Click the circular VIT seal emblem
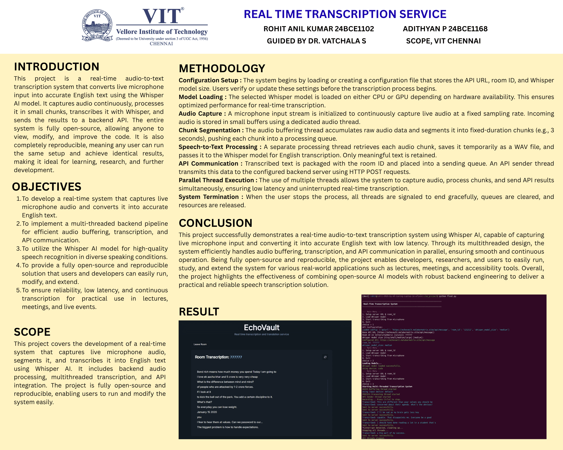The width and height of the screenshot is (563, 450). coord(97,25)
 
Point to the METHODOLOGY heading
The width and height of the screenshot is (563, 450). coord(222,69)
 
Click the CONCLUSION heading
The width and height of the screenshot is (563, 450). coord(216,223)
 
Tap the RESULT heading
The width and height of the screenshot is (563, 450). coord(199,312)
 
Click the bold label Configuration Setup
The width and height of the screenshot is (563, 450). coord(208,80)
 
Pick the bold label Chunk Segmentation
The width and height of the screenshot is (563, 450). coord(209,130)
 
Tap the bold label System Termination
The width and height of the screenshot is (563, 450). coord(208,197)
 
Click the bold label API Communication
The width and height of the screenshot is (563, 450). coord(208,164)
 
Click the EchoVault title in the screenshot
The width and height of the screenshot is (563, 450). coord(261,328)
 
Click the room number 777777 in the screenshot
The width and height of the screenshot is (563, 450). coord(236,357)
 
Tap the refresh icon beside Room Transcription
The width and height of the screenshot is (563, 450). coord(325,357)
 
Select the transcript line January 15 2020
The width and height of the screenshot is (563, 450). coord(207,412)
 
